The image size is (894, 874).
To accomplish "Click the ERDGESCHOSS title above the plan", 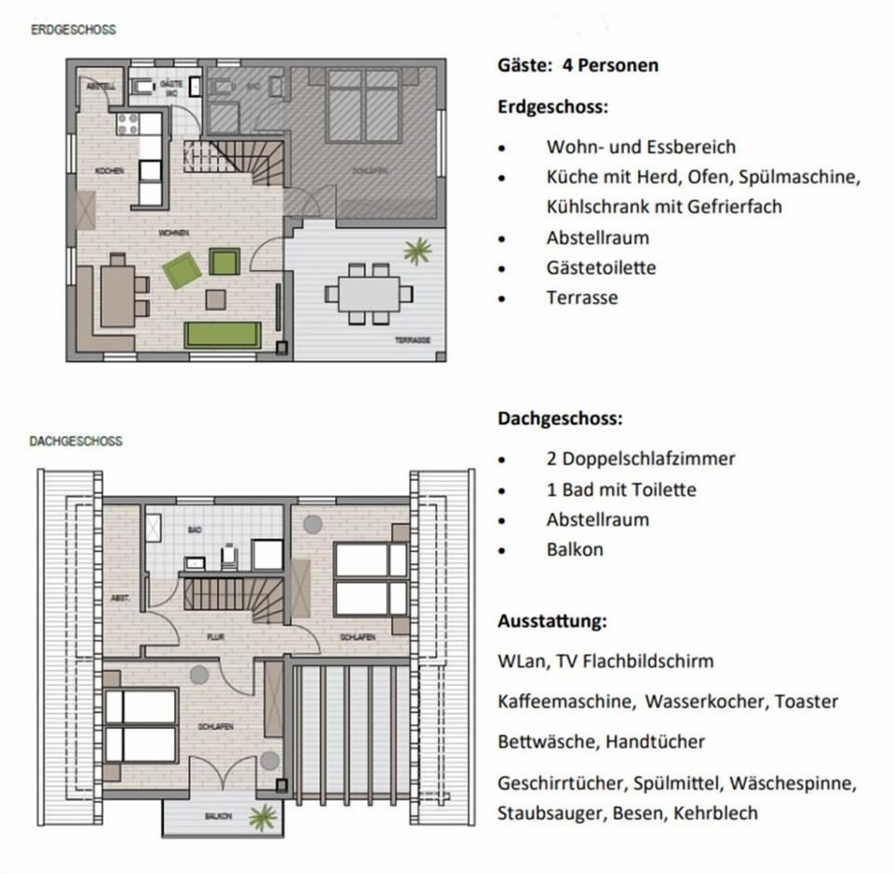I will tap(74, 30).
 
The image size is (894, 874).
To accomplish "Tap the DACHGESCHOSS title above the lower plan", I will tap(75, 441).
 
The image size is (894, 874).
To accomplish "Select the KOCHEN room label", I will tap(109, 171).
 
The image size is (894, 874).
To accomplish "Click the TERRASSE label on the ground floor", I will tap(412, 341).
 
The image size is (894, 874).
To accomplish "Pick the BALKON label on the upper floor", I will tap(219, 816).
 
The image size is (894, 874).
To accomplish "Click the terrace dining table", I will tap(369, 293).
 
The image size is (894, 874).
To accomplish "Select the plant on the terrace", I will tap(417, 250).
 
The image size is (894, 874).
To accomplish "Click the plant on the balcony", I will tap(264, 817).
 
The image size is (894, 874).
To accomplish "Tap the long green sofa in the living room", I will tap(223, 334).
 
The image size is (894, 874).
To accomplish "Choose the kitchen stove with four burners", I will tap(127, 123).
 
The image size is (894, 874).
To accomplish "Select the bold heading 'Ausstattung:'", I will tap(551, 621).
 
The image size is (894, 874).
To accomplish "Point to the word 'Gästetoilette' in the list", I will tap(601, 268).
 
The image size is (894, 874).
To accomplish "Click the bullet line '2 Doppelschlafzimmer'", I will tap(641, 459).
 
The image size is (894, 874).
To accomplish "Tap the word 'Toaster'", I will tap(806, 702).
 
